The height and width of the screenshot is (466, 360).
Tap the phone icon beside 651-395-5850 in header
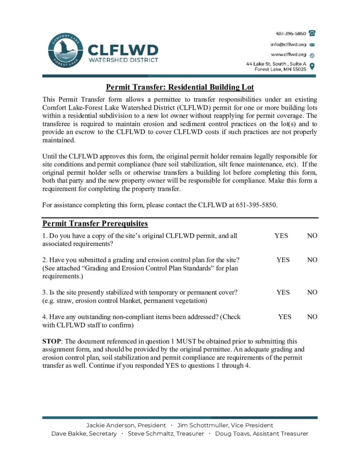312,33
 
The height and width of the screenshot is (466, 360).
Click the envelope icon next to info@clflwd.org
312,45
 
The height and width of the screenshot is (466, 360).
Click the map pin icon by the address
312,66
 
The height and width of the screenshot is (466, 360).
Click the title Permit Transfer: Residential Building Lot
180,87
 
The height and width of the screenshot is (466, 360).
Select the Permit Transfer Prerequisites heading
95,224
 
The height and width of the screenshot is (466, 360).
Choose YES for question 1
281,236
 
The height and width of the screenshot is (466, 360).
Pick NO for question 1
312,236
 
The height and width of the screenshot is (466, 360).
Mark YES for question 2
283,260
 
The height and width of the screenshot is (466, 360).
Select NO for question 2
312,260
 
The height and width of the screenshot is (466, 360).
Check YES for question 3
283,293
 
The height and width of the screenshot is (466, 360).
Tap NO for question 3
312,293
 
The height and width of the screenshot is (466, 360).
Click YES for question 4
285,317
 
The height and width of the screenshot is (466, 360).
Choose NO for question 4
312,317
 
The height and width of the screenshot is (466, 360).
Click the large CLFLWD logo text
122,49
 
